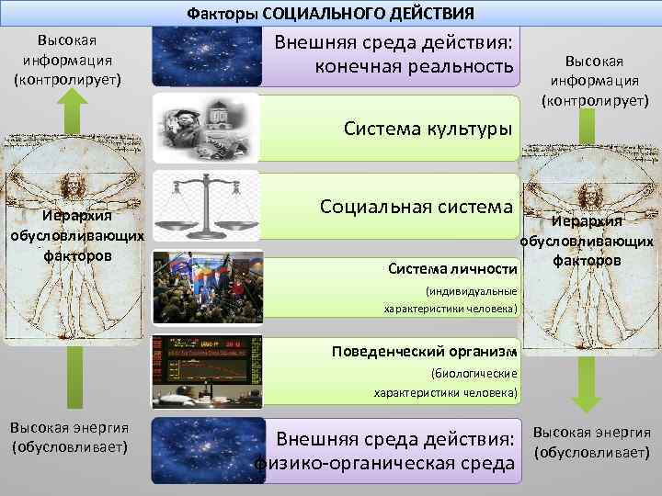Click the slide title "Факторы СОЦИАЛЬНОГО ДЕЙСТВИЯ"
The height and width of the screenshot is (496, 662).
[x=331, y=13]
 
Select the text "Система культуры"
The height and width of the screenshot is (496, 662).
[x=428, y=127]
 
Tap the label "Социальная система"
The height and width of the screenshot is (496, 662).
[x=416, y=206]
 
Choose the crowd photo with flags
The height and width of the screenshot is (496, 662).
[x=207, y=286]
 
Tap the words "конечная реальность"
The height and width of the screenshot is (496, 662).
[x=413, y=67]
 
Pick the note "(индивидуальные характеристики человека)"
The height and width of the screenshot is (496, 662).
[x=451, y=299]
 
